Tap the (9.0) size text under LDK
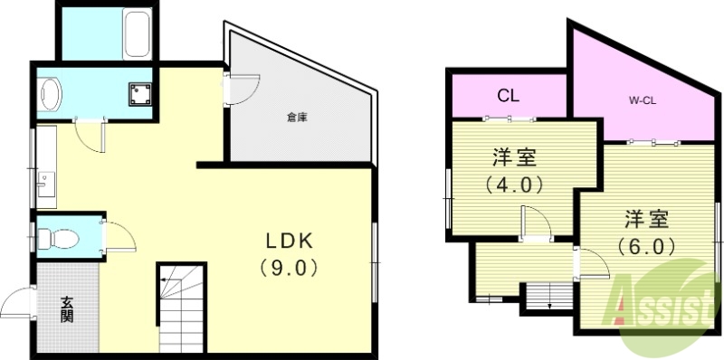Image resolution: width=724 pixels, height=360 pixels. pos(288,269)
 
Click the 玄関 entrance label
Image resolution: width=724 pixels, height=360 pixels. pos(67,309)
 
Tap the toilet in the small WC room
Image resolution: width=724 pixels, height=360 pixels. pos(57,240)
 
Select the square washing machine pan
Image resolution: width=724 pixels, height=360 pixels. pos(138,94)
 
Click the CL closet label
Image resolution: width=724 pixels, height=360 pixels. pos(508,95)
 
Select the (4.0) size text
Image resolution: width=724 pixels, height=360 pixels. pos(512,187)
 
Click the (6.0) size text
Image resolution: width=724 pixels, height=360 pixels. pos(645,246)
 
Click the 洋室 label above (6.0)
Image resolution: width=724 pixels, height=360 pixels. pos(646,219)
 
